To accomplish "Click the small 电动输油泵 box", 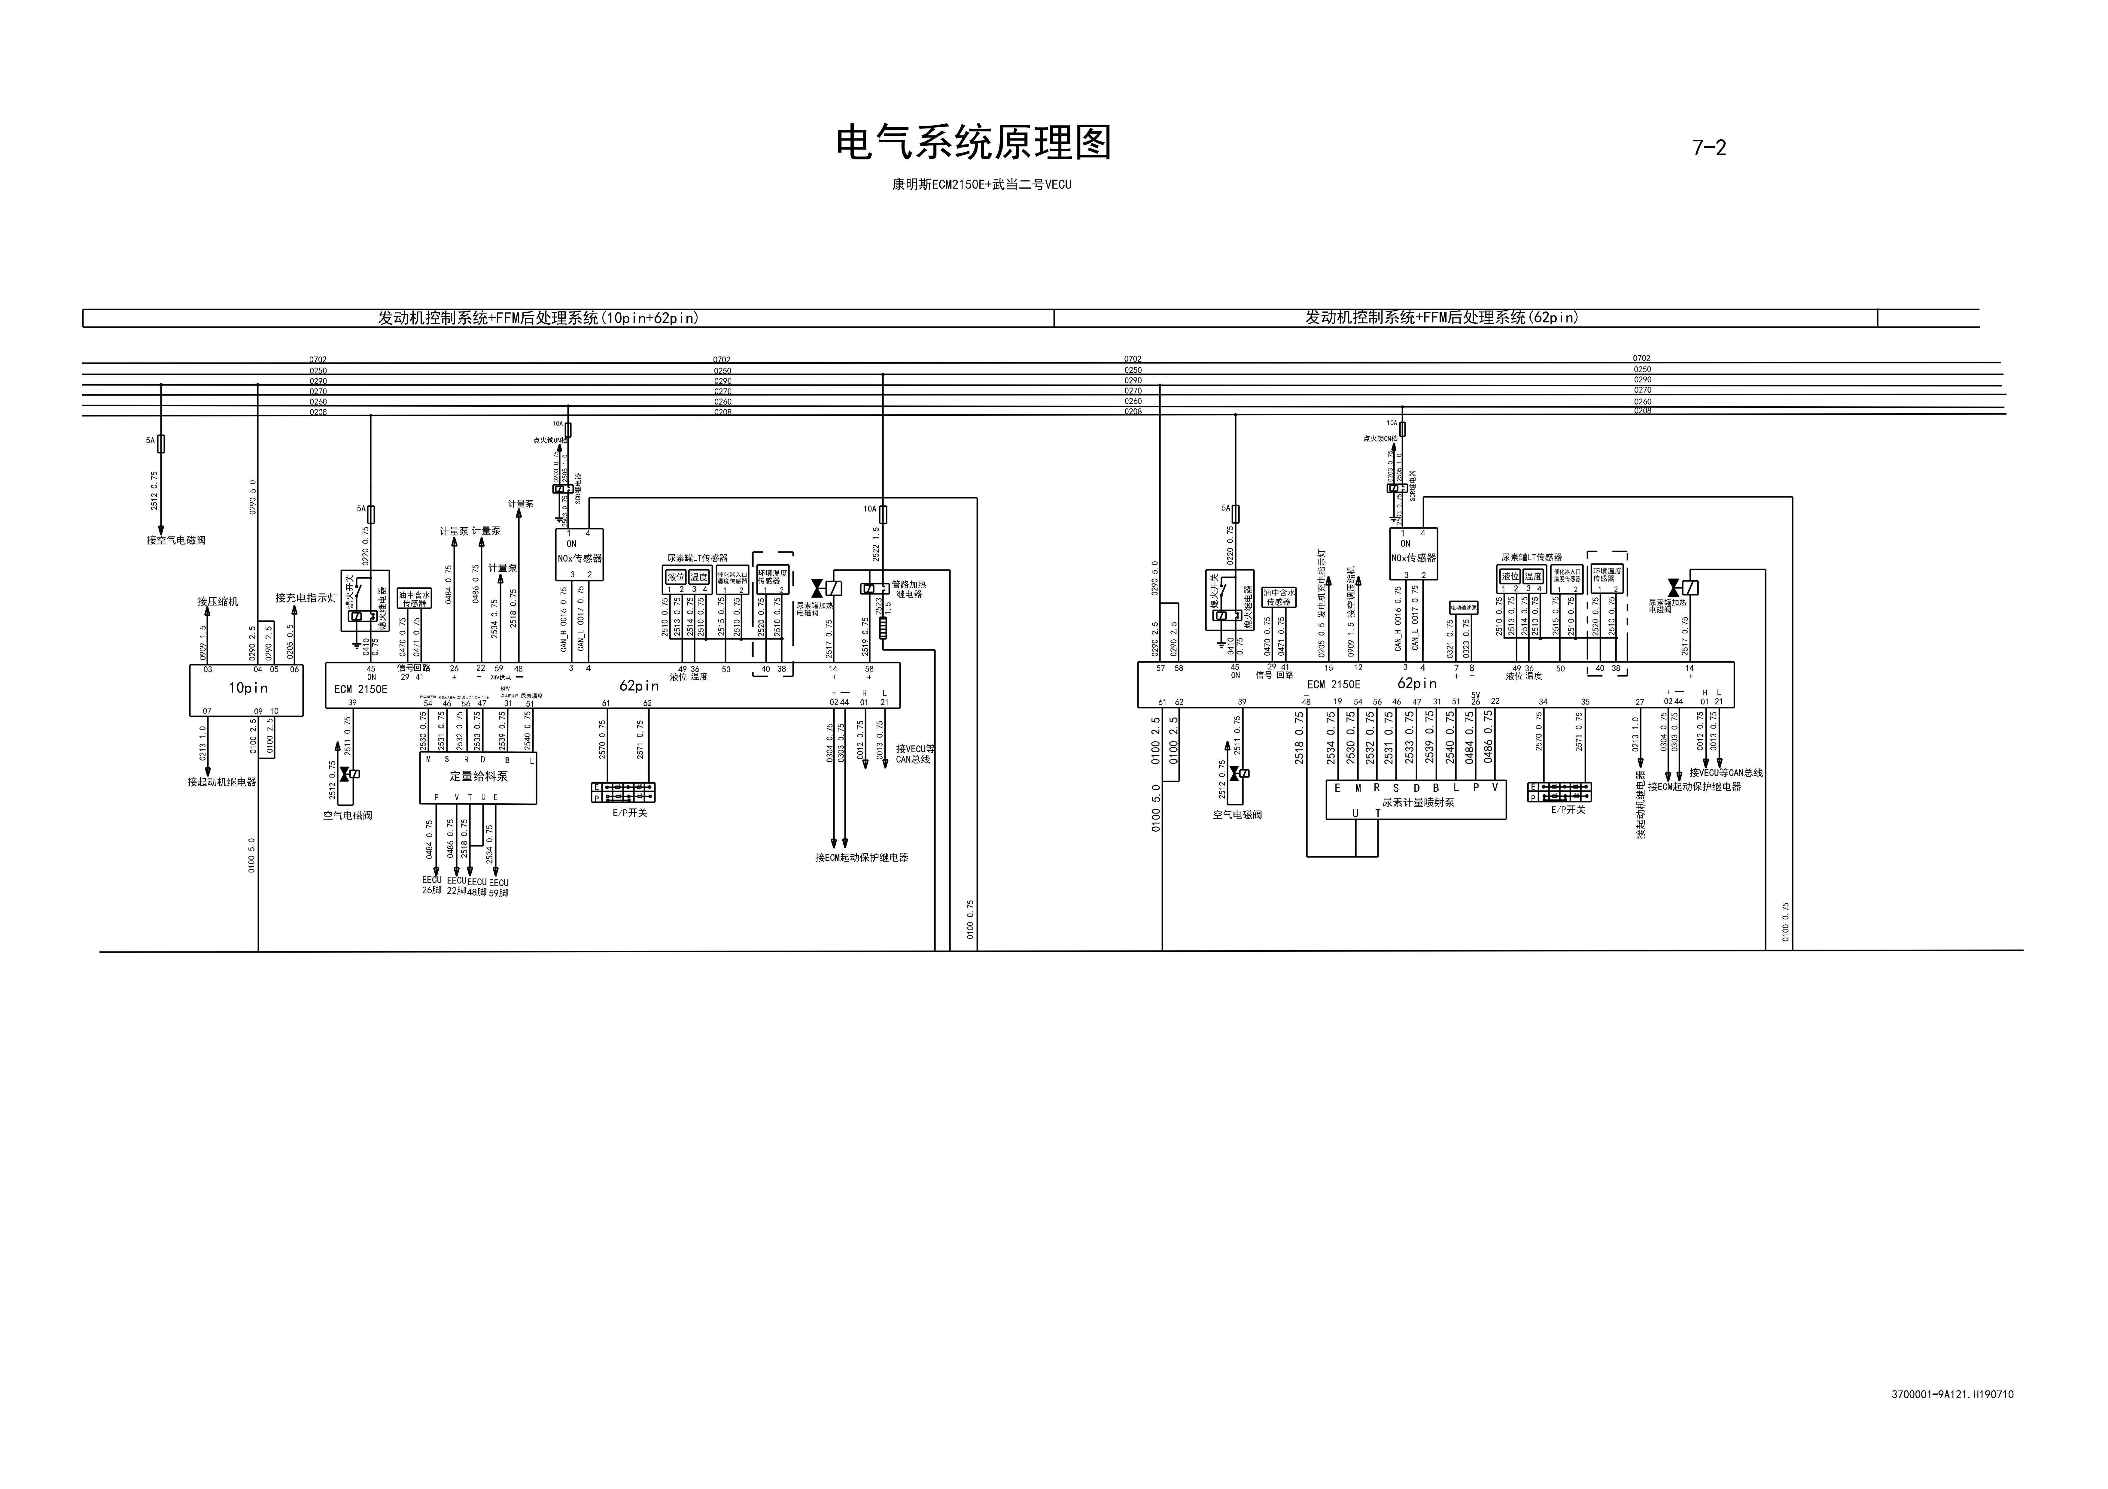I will point(1464,608).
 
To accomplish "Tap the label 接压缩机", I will point(217,601).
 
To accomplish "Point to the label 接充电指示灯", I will point(306,598).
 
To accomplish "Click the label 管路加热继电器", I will point(909,589).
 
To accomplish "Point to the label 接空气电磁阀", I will point(176,540).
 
